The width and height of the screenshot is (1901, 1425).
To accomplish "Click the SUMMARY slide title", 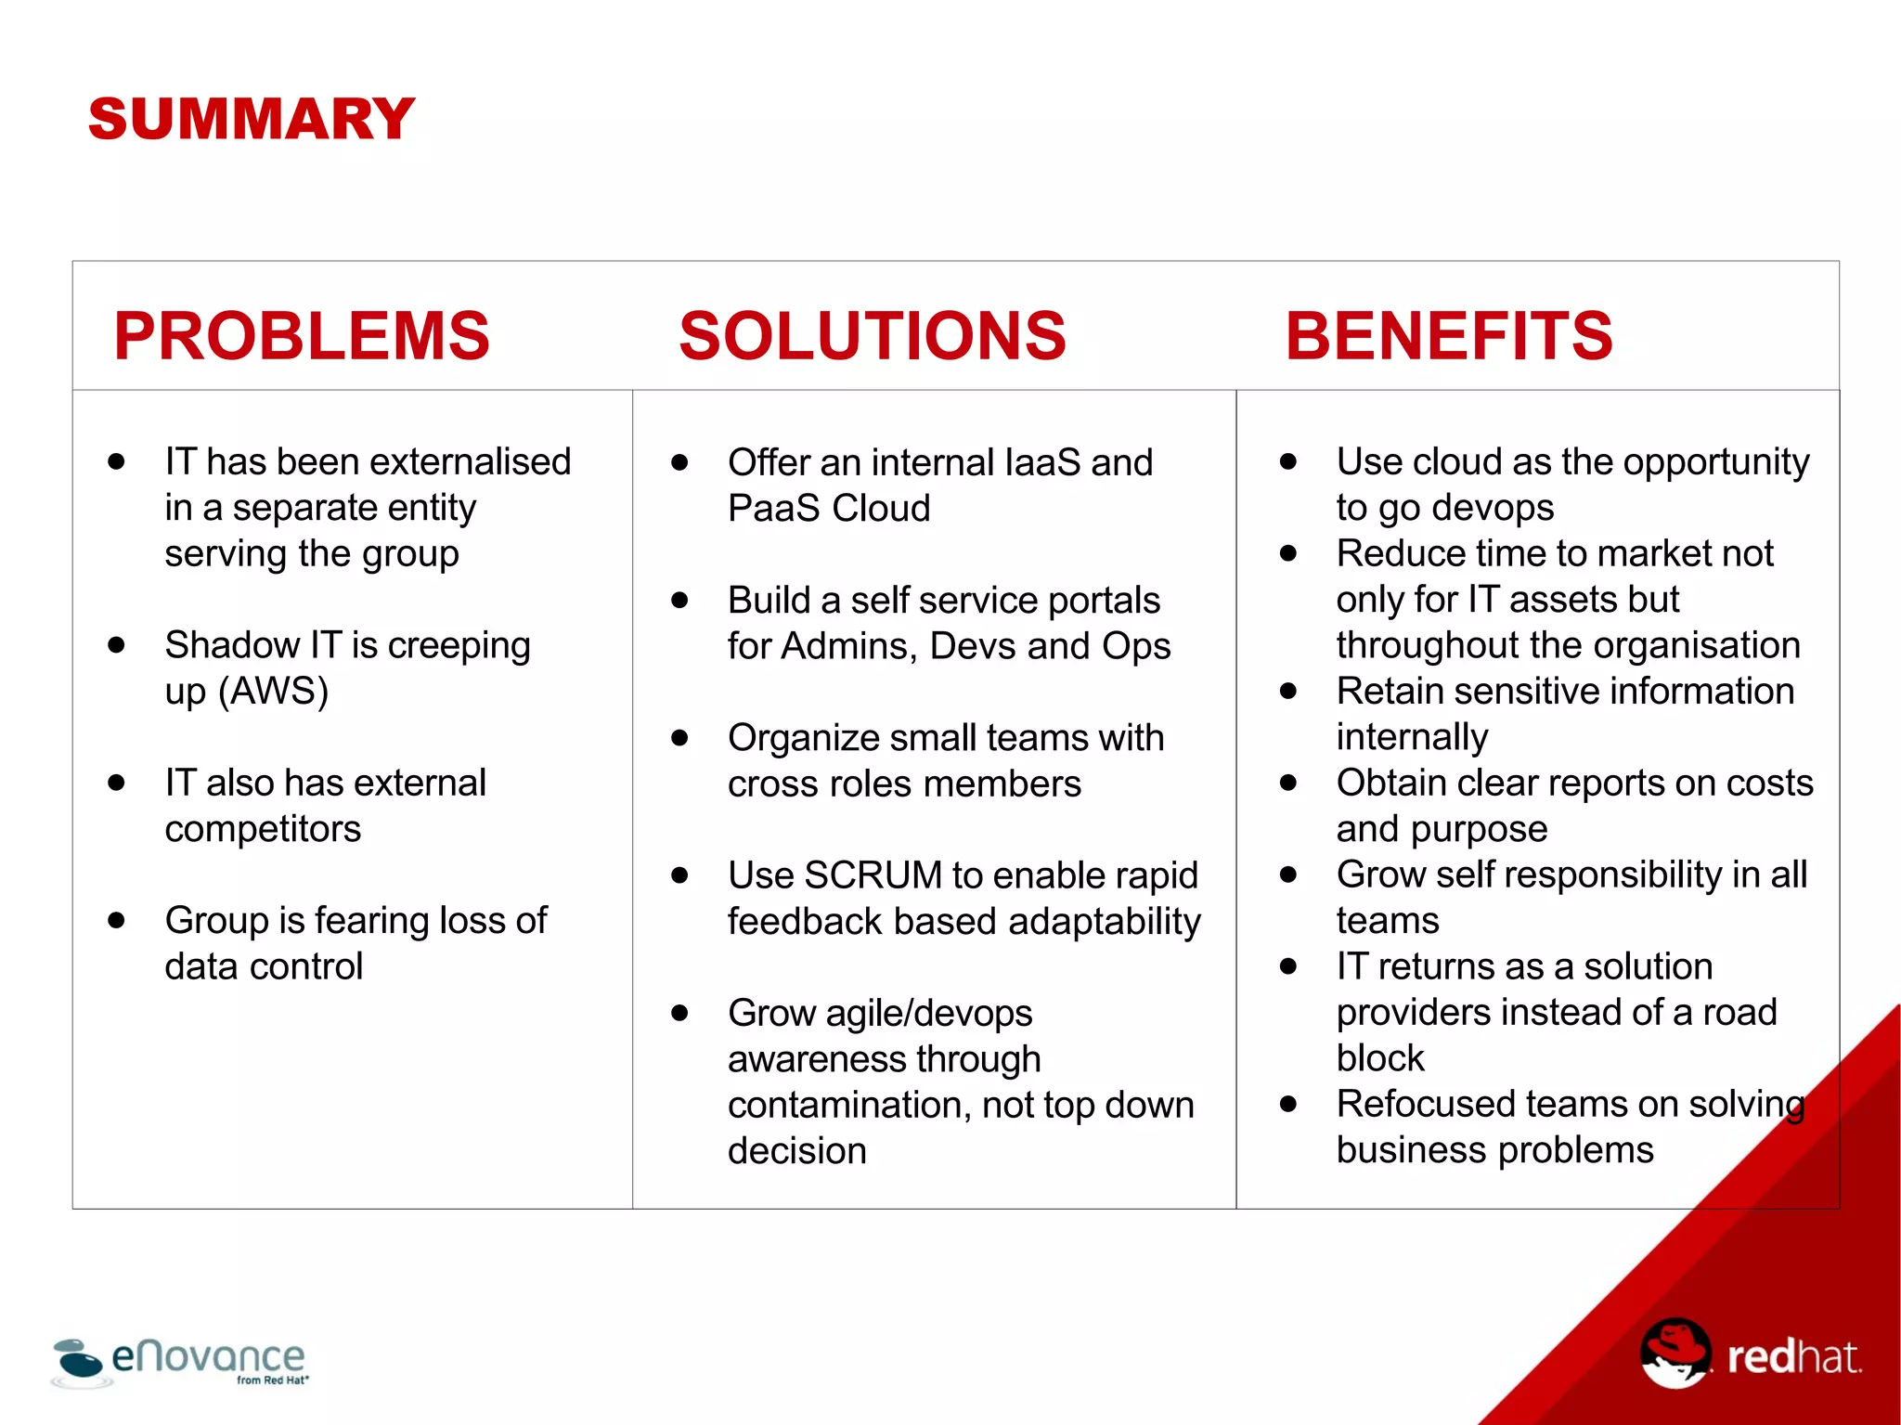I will pyautogui.click(x=251, y=120).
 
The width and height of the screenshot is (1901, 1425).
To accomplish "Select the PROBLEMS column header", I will pyautogui.click(x=302, y=336).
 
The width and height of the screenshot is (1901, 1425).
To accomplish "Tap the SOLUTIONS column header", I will pyautogui.click(x=873, y=336).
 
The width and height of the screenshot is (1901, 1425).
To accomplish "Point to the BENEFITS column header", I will pyautogui.click(x=1449, y=336).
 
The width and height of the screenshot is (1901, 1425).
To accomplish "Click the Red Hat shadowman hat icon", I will pyautogui.click(x=1675, y=1353).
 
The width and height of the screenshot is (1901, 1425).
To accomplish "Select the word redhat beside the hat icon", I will pyautogui.click(x=1793, y=1357).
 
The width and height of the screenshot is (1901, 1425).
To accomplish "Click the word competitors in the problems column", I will pyautogui.click(x=263, y=829).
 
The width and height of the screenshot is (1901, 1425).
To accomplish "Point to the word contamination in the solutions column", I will pyautogui.click(x=848, y=1106).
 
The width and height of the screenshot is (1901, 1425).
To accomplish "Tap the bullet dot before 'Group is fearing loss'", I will pyautogui.click(x=116, y=920).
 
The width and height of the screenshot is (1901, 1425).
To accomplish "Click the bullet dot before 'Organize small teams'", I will pyautogui.click(x=679, y=738).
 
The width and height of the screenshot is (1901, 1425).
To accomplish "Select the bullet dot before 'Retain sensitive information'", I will pyautogui.click(x=1287, y=691).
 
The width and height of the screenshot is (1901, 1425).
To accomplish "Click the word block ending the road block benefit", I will pyautogui.click(x=1379, y=1058).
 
